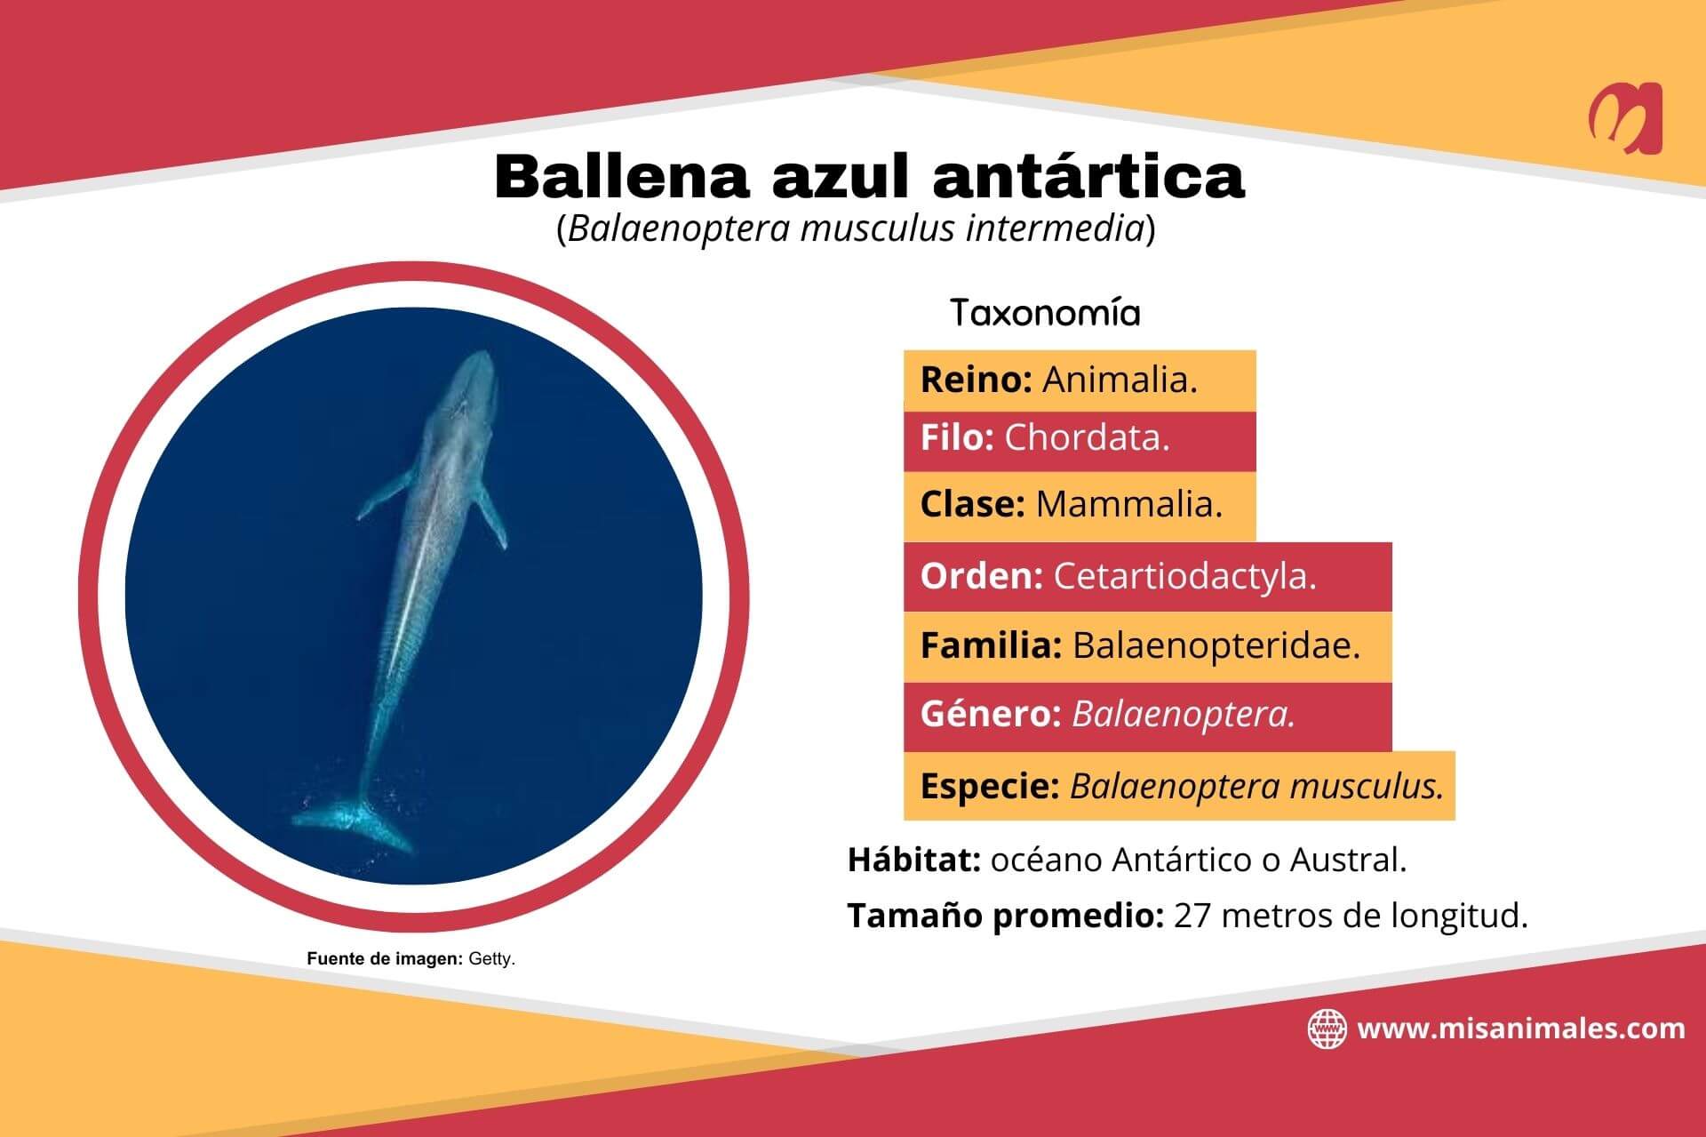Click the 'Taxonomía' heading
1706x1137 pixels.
[1045, 313]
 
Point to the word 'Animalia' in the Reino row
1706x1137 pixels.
[1119, 380]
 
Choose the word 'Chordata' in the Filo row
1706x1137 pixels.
[1086, 438]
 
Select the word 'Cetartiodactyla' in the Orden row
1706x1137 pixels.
[1184, 577]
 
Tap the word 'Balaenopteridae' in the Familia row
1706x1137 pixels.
[1216, 645]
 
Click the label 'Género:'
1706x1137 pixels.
[991, 715]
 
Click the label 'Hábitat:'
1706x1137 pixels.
[913, 861]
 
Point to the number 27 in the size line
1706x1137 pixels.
[1192, 916]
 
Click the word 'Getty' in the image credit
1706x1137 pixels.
[491, 960]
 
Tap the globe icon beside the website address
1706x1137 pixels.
[1327, 1029]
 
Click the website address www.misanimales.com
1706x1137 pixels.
[1521, 1029]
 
